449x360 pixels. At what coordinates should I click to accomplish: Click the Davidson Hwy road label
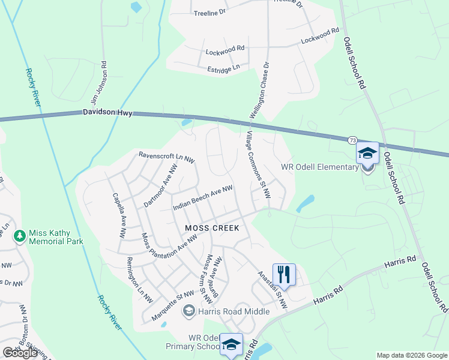(x=107, y=112)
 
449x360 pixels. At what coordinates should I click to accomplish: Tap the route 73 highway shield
(x=352, y=140)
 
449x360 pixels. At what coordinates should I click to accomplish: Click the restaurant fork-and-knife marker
(x=284, y=275)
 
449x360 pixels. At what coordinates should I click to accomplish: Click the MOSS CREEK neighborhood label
(x=212, y=228)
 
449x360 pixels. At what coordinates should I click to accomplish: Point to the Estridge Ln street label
(x=223, y=70)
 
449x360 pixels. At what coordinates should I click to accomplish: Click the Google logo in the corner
(x=20, y=353)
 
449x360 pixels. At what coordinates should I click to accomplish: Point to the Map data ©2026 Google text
(x=411, y=355)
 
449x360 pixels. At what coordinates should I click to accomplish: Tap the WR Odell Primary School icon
(x=231, y=345)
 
